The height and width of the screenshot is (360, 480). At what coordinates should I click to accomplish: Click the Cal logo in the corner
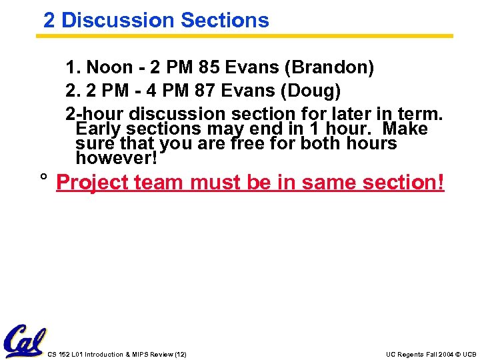25,341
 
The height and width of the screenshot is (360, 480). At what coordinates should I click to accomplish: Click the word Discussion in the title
117,20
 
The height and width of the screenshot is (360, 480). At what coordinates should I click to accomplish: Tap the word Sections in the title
225,20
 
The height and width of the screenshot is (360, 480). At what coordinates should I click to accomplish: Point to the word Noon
110,68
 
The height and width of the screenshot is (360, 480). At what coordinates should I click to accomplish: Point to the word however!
117,159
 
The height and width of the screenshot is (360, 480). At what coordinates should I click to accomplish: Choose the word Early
99,129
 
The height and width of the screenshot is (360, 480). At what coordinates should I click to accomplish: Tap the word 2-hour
95,113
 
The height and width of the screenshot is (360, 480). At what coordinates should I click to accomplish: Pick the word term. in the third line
421,113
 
